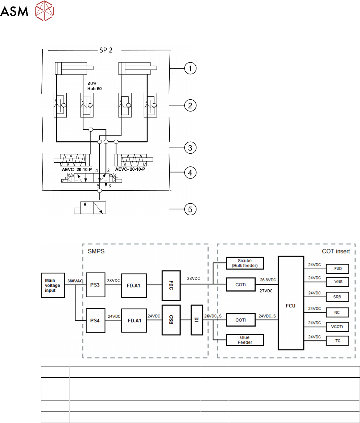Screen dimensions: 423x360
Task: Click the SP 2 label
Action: (x=106, y=50)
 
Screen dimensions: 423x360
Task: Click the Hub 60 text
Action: (x=95, y=88)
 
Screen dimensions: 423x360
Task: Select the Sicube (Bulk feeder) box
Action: (x=244, y=262)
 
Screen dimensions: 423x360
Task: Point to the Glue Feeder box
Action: (x=244, y=340)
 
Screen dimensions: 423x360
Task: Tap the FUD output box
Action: (x=338, y=269)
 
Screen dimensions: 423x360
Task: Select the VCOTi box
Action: (x=338, y=327)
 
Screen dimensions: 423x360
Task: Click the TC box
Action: (x=338, y=341)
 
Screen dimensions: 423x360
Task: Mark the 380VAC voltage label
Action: (x=75, y=280)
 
